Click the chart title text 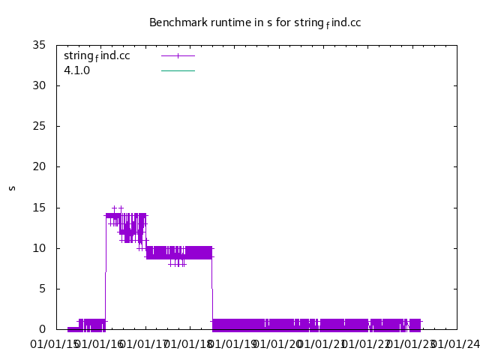pyautogui.click(x=255, y=22)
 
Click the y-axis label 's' pyautogui.click(x=12, y=187)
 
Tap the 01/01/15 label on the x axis pyautogui.click(x=53, y=344)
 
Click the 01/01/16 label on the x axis pyautogui.click(x=98, y=344)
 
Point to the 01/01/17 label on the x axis pyautogui.click(x=143, y=344)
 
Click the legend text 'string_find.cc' pyautogui.click(x=97, y=55)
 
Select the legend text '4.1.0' pyautogui.click(x=77, y=70)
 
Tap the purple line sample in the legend pyautogui.click(x=178, y=55)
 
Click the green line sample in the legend pyautogui.click(x=178, y=70)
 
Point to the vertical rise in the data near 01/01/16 pyautogui.click(x=106, y=270)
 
